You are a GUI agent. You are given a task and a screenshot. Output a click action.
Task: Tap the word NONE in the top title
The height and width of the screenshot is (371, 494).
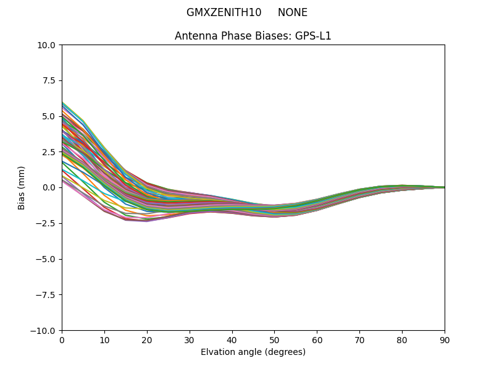pos(292,12)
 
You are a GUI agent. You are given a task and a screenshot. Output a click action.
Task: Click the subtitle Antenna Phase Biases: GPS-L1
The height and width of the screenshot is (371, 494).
pos(253,36)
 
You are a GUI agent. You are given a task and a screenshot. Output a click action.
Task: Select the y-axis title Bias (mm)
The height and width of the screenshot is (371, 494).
pos(22,187)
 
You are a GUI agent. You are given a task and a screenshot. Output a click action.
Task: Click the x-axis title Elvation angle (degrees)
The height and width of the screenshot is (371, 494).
pos(253,352)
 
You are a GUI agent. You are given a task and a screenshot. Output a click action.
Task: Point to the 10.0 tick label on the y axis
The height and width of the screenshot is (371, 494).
pos(48,45)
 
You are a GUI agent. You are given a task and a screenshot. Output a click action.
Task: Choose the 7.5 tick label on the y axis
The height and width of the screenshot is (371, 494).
pos(50,80)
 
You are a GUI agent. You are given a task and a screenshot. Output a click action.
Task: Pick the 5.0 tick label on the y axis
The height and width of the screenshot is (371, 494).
pos(50,116)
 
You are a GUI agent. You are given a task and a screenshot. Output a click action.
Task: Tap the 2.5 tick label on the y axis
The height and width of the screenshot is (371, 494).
pos(50,152)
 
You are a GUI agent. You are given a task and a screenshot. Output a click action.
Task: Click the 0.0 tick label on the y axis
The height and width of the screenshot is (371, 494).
pos(50,187)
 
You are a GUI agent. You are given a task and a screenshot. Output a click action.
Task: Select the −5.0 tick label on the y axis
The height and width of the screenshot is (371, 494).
pos(47,259)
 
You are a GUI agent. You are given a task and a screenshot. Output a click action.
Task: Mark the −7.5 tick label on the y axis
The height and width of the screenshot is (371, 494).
pos(47,295)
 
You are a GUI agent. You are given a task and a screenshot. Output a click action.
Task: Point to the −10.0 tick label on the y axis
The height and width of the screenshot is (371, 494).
pos(45,331)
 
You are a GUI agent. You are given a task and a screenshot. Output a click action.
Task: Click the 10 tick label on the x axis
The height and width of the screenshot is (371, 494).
pos(104,340)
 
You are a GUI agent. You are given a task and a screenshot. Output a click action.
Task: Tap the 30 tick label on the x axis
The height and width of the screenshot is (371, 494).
pos(190,340)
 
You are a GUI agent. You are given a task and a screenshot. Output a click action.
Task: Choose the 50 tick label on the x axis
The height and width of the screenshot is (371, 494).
pos(274,340)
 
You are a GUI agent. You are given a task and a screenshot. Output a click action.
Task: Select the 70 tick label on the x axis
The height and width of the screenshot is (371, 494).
pos(359,340)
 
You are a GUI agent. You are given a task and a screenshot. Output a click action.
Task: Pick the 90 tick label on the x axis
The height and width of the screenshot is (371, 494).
pos(445,340)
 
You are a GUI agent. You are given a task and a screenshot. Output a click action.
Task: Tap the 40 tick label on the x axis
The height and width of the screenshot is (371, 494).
pos(232,340)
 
